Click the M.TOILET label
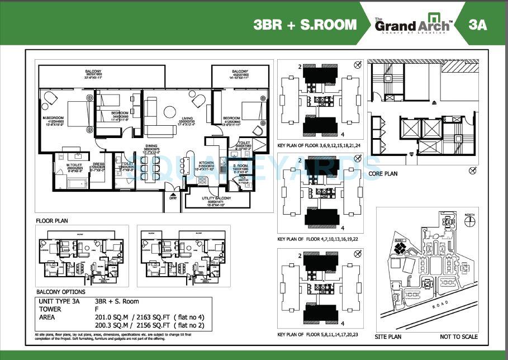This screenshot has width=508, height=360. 74,164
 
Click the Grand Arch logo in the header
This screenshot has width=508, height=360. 413,25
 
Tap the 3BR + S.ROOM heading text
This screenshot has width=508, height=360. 305,25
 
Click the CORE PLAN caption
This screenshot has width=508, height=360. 383,174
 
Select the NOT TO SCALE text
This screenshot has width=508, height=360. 458,337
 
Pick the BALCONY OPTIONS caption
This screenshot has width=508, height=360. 61,291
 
